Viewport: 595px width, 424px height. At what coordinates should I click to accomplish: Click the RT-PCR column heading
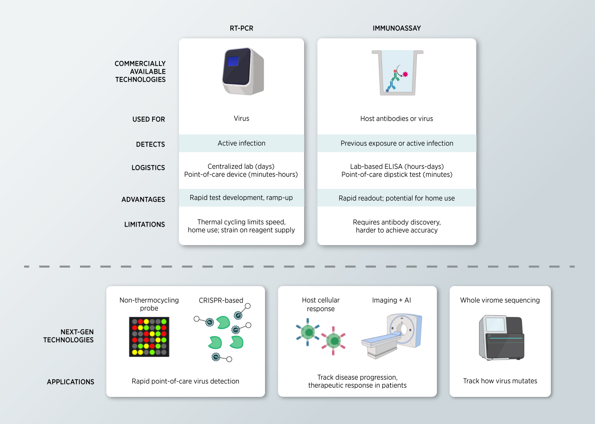242,28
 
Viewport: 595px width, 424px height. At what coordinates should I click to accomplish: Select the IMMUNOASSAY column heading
397,28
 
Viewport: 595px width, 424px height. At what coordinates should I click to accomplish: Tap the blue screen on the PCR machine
233,61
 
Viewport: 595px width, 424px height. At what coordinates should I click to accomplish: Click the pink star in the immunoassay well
406,74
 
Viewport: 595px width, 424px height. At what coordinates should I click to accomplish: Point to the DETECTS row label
150,144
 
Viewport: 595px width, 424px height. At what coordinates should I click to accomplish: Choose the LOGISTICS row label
148,168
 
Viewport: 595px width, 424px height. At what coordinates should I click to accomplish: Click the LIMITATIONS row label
144,225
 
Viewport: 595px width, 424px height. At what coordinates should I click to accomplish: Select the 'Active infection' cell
242,143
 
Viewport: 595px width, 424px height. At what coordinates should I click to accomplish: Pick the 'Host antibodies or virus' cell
397,119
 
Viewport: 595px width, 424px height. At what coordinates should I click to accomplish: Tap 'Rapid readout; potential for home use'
397,198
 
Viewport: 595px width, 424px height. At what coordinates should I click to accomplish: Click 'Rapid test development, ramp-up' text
241,198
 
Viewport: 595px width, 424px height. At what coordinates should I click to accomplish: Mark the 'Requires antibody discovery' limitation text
397,222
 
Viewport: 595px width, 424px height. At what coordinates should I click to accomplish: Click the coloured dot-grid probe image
149,337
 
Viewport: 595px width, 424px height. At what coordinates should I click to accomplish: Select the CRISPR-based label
221,300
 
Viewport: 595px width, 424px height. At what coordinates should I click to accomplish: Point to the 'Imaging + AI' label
391,300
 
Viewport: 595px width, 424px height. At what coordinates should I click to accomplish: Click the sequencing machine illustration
501,338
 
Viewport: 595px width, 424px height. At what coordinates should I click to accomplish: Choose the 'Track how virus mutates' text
500,381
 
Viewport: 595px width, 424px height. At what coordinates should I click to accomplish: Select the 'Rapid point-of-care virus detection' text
185,381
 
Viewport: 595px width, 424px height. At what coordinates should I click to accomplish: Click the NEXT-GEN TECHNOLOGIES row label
69,336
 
